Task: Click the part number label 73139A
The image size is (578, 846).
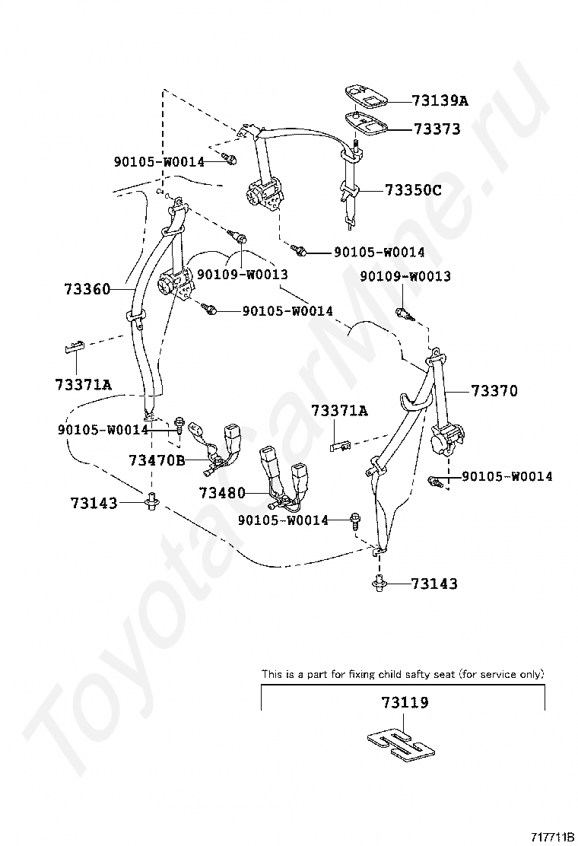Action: [x=440, y=100]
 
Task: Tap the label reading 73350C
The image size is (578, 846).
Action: [x=413, y=190]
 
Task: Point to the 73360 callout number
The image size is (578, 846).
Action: [x=87, y=289]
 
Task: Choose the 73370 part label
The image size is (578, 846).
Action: [x=494, y=391]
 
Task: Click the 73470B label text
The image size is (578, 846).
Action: [x=157, y=460]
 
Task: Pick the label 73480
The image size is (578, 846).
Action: [x=223, y=493]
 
